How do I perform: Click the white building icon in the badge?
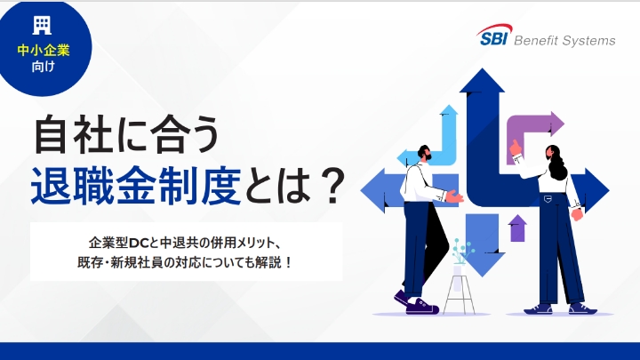(x=42, y=24)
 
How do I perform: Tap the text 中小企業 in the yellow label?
(x=44, y=51)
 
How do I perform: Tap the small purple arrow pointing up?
(x=517, y=228)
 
